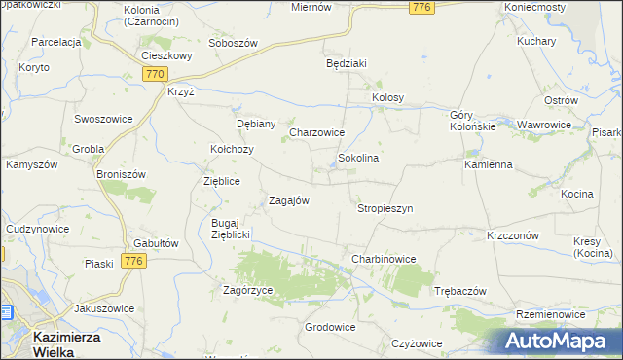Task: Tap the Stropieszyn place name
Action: click(385, 208)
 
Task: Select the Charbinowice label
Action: click(384, 259)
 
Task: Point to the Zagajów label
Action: click(289, 200)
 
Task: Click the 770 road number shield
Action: click(154, 74)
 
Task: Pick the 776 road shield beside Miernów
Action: click(421, 8)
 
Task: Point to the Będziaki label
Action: click(346, 63)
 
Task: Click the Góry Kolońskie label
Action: click(473, 121)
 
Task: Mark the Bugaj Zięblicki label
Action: click(232, 229)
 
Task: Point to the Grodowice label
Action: click(330, 327)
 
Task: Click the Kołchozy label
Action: click(233, 149)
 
